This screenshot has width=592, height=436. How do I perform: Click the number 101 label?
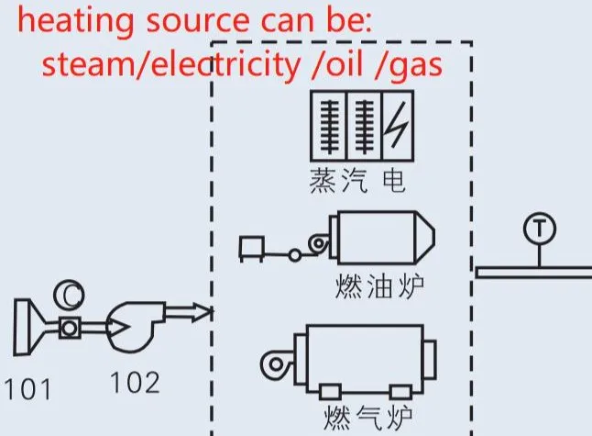(x=27, y=389)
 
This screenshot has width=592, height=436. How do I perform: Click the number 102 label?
(x=135, y=383)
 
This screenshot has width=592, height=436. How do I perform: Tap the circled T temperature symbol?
(x=540, y=229)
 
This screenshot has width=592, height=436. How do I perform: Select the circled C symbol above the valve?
(x=69, y=295)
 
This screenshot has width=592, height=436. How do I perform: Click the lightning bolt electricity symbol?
(x=397, y=125)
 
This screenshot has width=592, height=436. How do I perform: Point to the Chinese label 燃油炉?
(x=379, y=286)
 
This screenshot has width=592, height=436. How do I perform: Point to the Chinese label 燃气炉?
(x=367, y=418)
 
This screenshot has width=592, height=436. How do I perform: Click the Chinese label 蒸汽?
(x=338, y=181)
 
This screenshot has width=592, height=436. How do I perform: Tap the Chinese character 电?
(x=394, y=181)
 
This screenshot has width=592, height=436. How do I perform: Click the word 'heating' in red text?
(x=76, y=21)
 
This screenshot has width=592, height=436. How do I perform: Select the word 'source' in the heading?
(x=197, y=22)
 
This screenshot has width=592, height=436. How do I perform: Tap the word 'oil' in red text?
(x=345, y=63)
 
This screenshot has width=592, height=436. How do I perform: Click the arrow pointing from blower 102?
(x=188, y=312)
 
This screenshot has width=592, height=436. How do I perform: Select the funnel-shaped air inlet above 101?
(x=29, y=327)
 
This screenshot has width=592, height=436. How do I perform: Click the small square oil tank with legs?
(x=251, y=249)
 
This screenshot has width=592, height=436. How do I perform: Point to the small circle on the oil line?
(x=295, y=255)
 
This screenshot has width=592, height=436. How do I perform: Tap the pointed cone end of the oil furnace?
(x=425, y=237)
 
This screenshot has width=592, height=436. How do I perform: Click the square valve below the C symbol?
(x=70, y=328)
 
